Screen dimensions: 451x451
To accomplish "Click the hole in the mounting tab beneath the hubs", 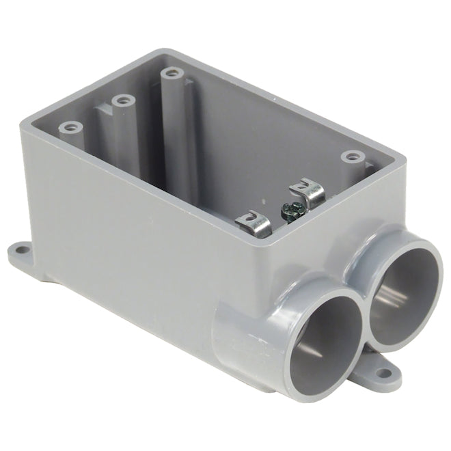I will [x=379, y=374].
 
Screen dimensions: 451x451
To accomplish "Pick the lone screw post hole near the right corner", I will [x=352, y=156].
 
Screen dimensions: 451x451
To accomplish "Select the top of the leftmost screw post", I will [x=70, y=127].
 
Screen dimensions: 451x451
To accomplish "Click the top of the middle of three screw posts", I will [x=123, y=101].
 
